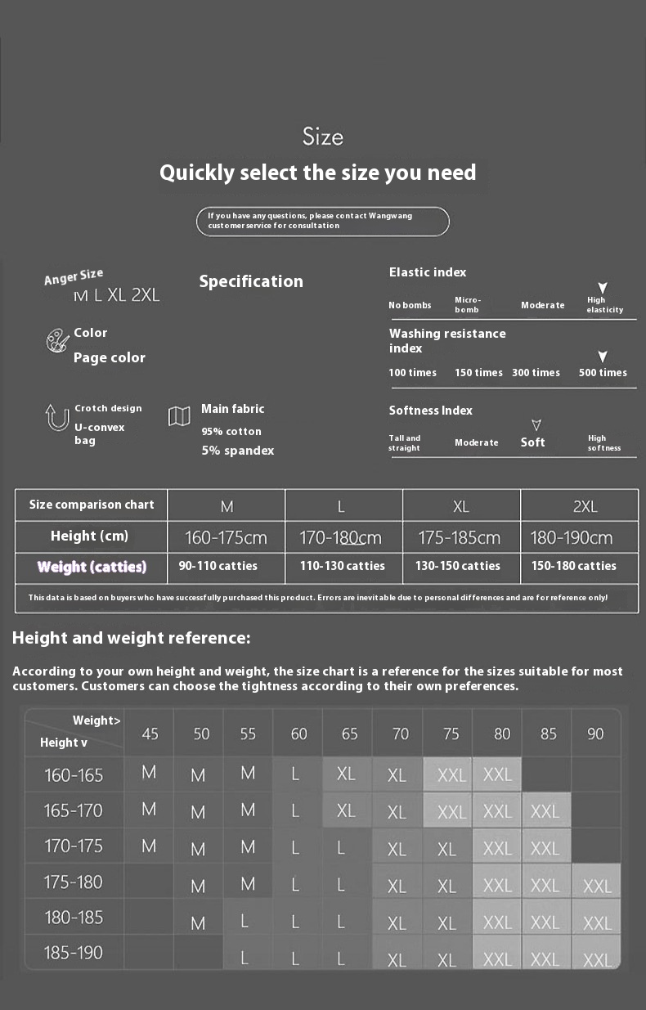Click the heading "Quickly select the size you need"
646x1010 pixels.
pos(317,173)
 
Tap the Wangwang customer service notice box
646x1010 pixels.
pos(323,221)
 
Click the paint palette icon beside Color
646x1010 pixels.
pos(57,340)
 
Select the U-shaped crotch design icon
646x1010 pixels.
pos(56,417)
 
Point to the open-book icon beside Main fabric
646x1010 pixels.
pos(179,416)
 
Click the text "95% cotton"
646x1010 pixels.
pos(231,432)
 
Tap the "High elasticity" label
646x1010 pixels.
pos(604,305)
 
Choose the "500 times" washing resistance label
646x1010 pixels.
pos(603,373)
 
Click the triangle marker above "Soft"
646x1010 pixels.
pos(536,425)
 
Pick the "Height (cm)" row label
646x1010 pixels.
pos(89,536)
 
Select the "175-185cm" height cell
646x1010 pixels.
pos(459,538)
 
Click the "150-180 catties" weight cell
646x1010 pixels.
pos(574,566)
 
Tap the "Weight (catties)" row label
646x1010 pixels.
pos(92,567)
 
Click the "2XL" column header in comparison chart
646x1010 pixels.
pos(585,507)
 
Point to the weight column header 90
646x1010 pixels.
pos(595,734)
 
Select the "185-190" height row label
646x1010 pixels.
pos(74,953)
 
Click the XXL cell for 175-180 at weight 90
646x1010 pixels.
pos(597,886)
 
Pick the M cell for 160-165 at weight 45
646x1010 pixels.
pos(149,772)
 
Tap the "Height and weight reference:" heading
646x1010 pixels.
pos(132,638)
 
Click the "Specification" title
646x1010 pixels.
pos(251,281)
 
